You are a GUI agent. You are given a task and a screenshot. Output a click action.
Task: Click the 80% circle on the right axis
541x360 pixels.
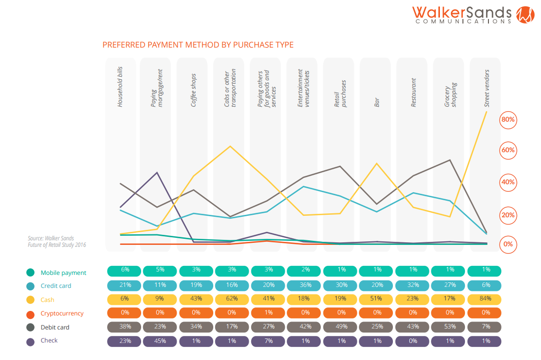click(x=507, y=120)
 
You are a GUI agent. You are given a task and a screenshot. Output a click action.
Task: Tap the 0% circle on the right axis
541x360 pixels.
click(x=507, y=244)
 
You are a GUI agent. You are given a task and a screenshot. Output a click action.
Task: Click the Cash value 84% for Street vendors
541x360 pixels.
click(x=484, y=298)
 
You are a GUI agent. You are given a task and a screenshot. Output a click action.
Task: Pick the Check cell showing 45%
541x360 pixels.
click(x=160, y=341)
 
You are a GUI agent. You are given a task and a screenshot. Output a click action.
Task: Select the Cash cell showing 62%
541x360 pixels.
click(x=232, y=298)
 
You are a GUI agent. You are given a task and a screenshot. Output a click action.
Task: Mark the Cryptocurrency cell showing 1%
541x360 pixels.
click(x=268, y=313)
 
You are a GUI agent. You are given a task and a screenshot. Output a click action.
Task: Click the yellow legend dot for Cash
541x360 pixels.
click(x=31, y=300)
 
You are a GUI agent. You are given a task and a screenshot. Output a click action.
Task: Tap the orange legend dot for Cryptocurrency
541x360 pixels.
click(x=31, y=314)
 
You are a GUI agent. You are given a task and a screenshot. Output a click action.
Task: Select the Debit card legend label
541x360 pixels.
click(x=55, y=327)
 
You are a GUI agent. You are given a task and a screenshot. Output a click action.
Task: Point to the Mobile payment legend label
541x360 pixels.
click(x=64, y=273)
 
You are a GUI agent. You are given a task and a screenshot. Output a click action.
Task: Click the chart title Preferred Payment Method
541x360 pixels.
click(x=198, y=45)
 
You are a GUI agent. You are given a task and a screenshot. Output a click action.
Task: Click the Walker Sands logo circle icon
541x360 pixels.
click(x=525, y=15)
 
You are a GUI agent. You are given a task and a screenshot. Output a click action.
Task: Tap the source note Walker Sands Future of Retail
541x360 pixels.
click(x=57, y=242)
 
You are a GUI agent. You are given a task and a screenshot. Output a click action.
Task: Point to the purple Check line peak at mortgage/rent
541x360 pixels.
click(x=158, y=173)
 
